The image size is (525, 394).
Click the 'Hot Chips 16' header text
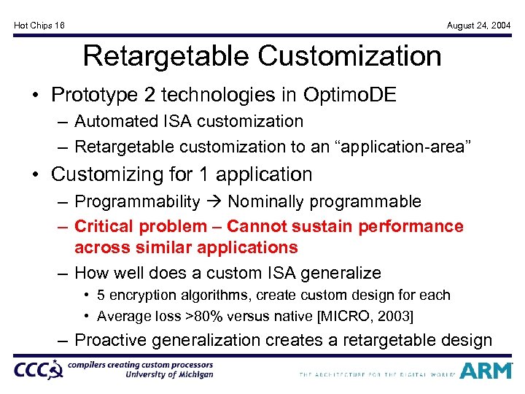[39, 26]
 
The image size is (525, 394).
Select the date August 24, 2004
[479, 26]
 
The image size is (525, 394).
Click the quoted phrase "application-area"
[408, 147]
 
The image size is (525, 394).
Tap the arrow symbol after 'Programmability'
[214, 201]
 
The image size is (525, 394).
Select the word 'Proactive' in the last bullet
[111, 340]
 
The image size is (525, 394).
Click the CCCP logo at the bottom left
[39, 370]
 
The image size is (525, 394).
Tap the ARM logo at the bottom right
[486, 371]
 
